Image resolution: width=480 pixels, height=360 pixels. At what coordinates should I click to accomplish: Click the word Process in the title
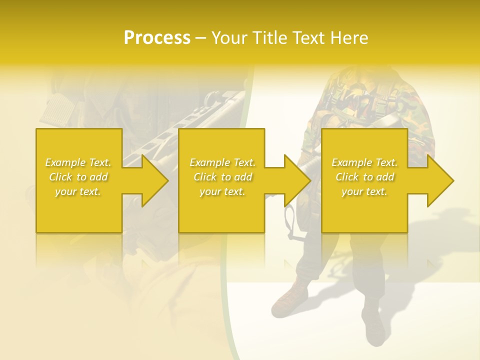coord(157,38)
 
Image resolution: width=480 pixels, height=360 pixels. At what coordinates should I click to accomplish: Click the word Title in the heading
coord(269,38)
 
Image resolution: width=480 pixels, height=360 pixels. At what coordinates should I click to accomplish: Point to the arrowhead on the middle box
coord(296,180)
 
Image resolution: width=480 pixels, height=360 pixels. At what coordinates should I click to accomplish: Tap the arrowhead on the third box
coord(439,180)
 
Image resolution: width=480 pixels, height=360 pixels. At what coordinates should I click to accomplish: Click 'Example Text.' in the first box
coord(78,162)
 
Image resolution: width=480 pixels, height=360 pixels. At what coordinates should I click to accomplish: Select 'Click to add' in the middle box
coord(222,177)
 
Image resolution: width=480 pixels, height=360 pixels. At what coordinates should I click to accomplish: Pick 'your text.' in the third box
coord(364,191)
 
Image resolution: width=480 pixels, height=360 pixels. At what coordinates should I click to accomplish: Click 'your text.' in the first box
coord(78,191)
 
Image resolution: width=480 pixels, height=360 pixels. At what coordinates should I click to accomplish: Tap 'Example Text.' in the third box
coord(364,162)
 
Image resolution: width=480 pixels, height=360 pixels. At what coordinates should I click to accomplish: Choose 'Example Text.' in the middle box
coord(222,162)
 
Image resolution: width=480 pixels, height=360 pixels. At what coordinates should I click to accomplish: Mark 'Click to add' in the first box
coord(78,177)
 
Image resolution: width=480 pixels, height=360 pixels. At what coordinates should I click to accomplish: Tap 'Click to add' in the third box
coord(364,177)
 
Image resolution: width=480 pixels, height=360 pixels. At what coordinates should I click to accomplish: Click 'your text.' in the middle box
coord(222,191)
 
